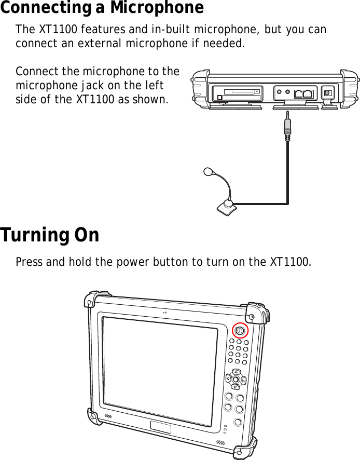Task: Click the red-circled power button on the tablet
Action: click(x=240, y=330)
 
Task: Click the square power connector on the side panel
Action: click(x=327, y=93)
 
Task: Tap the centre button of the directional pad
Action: click(x=236, y=379)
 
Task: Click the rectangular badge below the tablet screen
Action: click(x=160, y=427)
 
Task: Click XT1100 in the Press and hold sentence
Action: click(x=292, y=261)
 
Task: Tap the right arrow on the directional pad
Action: click(x=243, y=380)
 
